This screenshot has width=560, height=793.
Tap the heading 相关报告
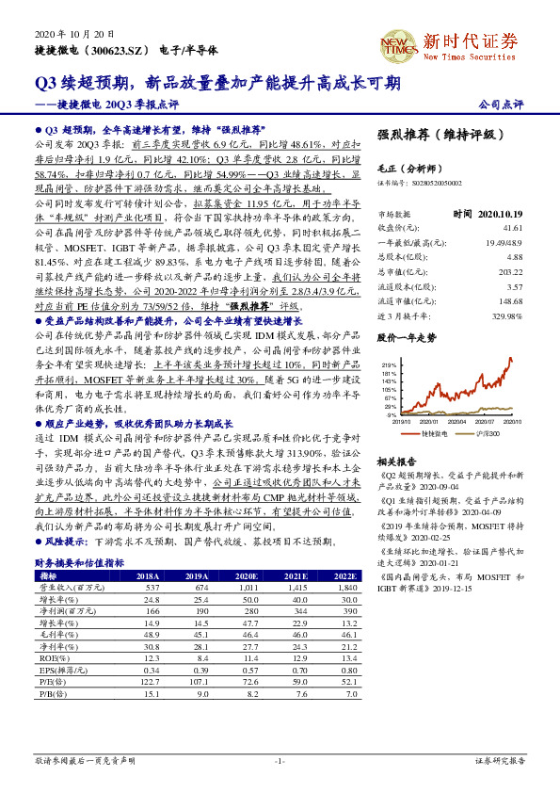pyautogui.click(x=391, y=461)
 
